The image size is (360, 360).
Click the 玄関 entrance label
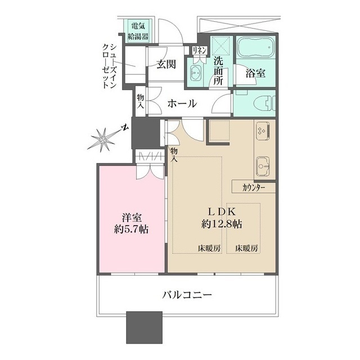pyautogui.click(x=166, y=64)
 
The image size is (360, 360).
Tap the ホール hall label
pyautogui.click(x=182, y=103)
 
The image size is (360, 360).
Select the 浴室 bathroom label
pyautogui.click(x=255, y=73)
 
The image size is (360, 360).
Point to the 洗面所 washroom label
pyautogui.click(x=218, y=71)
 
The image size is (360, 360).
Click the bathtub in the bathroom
pyautogui.click(x=255, y=47)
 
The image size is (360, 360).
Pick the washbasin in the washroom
pyautogui.click(x=196, y=73)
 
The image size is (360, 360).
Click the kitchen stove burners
pyautogui.click(x=262, y=130)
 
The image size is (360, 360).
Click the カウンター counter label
pyautogui.click(x=254, y=188)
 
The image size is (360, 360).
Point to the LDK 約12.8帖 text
pyautogui.click(x=222, y=218)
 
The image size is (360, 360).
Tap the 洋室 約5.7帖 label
pyautogui.click(x=131, y=223)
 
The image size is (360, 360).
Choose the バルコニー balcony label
pyautogui.click(x=187, y=295)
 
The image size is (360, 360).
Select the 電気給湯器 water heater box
pyautogui.click(x=138, y=31)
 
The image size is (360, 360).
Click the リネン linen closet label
pyautogui.click(x=200, y=50)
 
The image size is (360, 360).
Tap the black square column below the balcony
pyautogui.click(x=144, y=327)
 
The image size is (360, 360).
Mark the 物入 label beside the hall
pyautogui.click(x=141, y=101)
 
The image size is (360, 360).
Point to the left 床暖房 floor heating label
pyautogui.click(x=209, y=248)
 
